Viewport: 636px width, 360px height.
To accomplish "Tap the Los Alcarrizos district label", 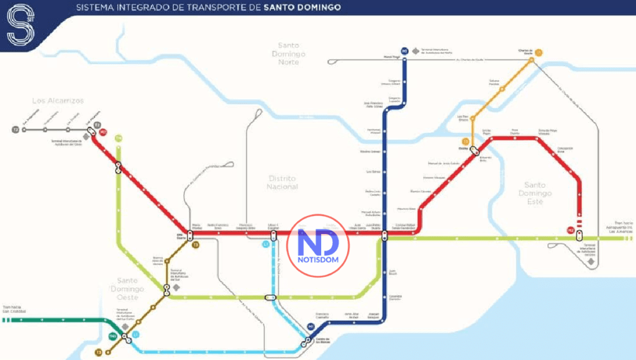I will pyautogui.click(x=58, y=101).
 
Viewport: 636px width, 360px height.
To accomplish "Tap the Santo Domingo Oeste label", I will pyautogui.click(x=127, y=289).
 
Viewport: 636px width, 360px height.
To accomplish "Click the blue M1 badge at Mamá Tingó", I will pyautogui.click(x=404, y=51).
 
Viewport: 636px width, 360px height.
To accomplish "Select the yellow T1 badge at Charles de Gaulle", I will pyautogui.click(x=538, y=53).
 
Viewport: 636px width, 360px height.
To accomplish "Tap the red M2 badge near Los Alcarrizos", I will pyautogui.click(x=103, y=132).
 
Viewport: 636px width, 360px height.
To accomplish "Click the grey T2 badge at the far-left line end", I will pyautogui.click(x=16, y=130).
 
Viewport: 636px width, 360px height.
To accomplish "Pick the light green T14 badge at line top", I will pyautogui.click(x=118, y=138).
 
